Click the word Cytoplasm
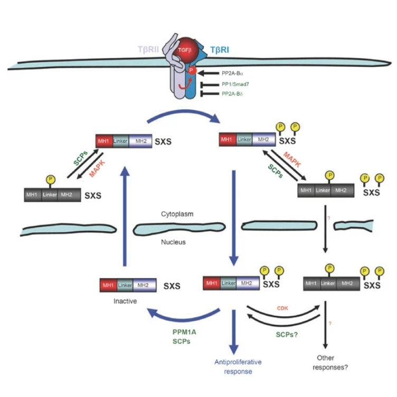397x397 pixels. click(x=178, y=215)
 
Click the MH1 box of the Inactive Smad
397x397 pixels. click(x=109, y=285)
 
